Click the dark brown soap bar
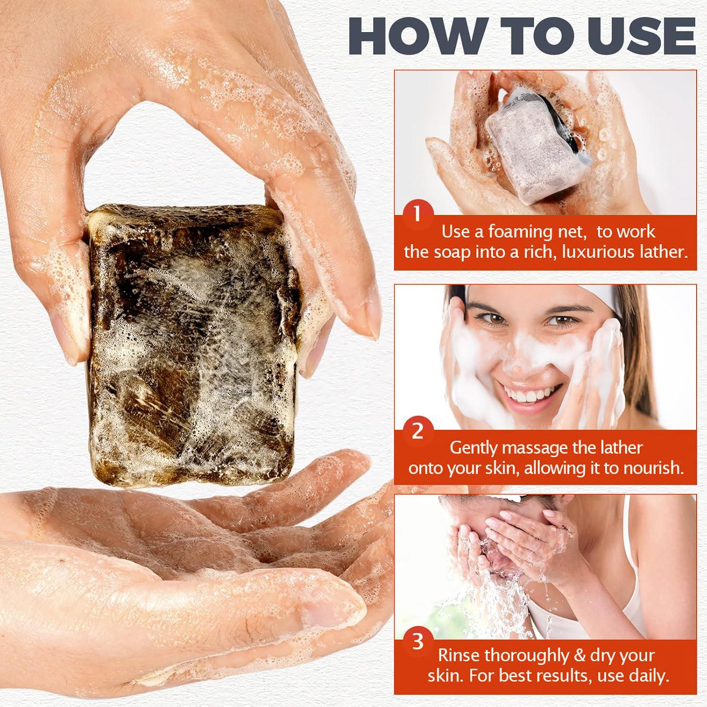click(x=193, y=330)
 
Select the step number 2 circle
click(x=417, y=431)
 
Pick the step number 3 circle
click(x=418, y=642)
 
